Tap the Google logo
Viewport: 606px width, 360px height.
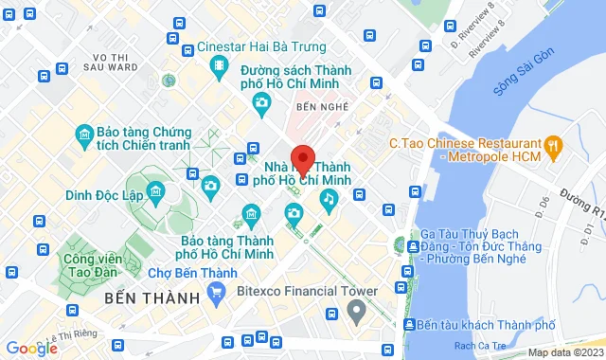30,348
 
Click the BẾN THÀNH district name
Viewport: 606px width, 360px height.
147,297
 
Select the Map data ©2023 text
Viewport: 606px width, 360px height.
564,352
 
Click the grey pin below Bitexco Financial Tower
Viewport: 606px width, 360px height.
356,310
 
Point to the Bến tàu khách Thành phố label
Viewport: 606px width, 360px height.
478,325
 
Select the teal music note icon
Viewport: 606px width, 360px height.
329,198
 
